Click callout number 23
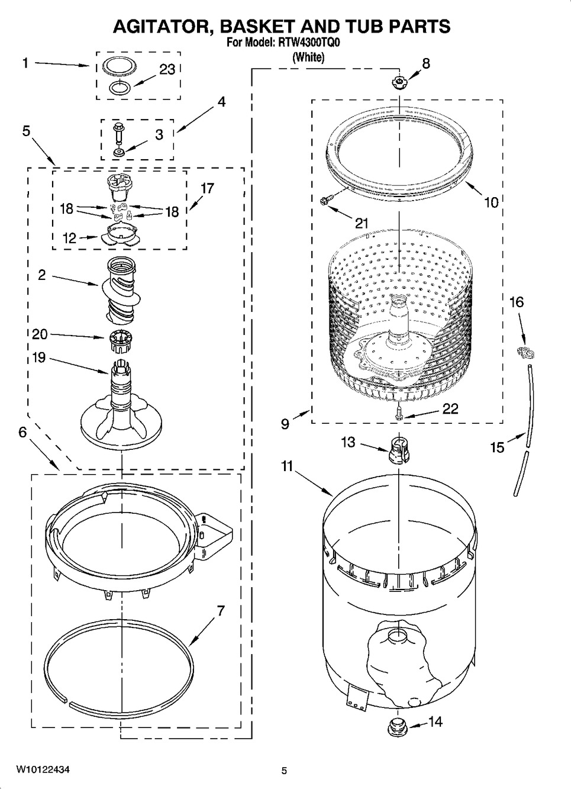(x=167, y=69)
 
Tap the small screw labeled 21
(x=324, y=201)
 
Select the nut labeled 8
(x=399, y=83)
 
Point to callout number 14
(x=435, y=722)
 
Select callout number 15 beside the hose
(x=498, y=447)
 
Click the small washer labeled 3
(x=118, y=153)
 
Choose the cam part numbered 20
(x=117, y=342)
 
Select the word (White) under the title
(x=309, y=57)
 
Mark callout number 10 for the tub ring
(x=492, y=202)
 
